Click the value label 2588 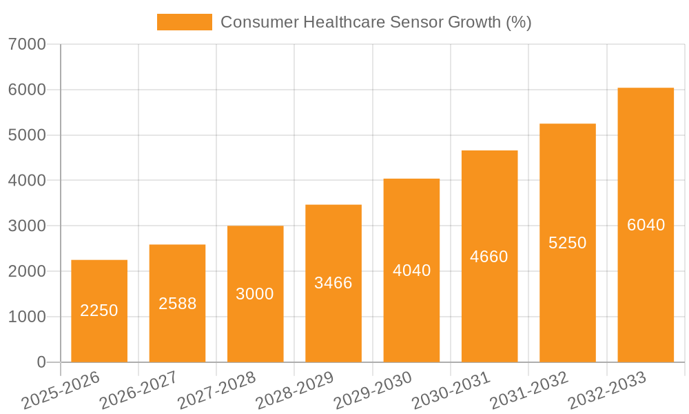(178, 304)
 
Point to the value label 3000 (255, 294)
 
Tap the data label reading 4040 (411, 270)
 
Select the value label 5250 (568, 243)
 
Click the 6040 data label (646, 225)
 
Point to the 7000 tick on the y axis (28, 45)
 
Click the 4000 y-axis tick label (28, 181)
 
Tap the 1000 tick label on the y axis (28, 317)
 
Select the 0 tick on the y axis (41, 362)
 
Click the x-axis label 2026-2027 (138, 391)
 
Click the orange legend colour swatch (184, 22)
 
